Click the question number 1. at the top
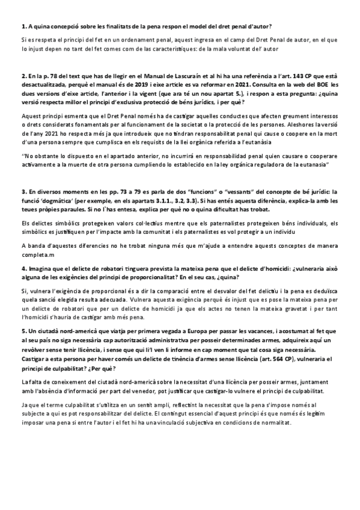(23, 26)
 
